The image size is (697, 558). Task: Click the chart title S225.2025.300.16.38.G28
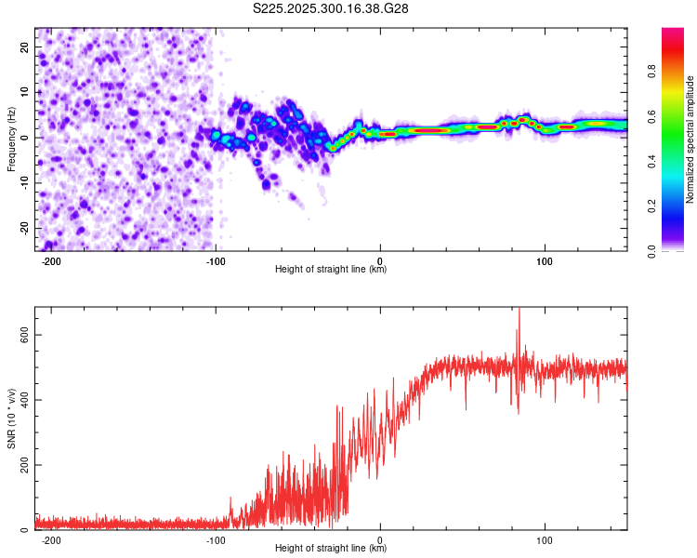pyautogui.click(x=332, y=8)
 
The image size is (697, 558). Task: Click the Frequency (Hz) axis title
pyautogui.click(x=12, y=138)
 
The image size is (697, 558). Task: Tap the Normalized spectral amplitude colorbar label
pyautogui.click(x=690, y=139)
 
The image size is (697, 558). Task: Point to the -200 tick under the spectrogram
pyautogui.click(x=51, y=260)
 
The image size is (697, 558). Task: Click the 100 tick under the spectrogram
pyautogui.click(x=545, y=260)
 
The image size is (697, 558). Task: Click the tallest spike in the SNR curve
pyautogui.click(x=519, y=312)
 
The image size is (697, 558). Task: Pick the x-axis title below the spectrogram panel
pyautogui.click(x=331, y=270)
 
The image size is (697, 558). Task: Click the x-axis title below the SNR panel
pyautogui.click(x=331, y=550)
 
